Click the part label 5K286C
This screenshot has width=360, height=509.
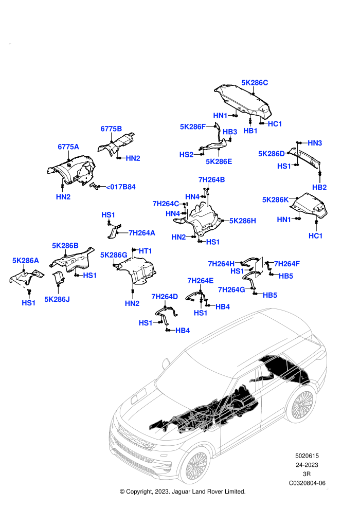tap(255, 83)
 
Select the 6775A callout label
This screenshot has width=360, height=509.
tap(68, 147)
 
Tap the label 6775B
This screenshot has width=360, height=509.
tap(111, 129)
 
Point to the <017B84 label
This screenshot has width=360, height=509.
tap(121, 187)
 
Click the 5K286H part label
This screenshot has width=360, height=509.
tap(243, 221)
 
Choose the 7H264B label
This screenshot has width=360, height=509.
tap(211, 180)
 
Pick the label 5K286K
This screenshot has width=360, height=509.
tap(275, 199)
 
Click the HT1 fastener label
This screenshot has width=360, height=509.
tap(145, 251)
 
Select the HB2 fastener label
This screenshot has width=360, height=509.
tap(319, 187)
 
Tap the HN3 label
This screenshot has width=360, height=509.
tap(315, 143)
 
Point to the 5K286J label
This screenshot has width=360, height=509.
tap(57, 299)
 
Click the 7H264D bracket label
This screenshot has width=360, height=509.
tap(165, 297)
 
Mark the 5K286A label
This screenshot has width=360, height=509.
tap(26, 260)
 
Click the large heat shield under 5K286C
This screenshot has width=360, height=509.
tap(243, 101)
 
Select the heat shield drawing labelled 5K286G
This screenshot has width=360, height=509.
tap(136, 270)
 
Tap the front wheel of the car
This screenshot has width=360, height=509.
tap(194, 465)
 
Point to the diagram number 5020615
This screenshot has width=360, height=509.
tap(307, 456)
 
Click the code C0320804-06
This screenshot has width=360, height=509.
tap(307, 483)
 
